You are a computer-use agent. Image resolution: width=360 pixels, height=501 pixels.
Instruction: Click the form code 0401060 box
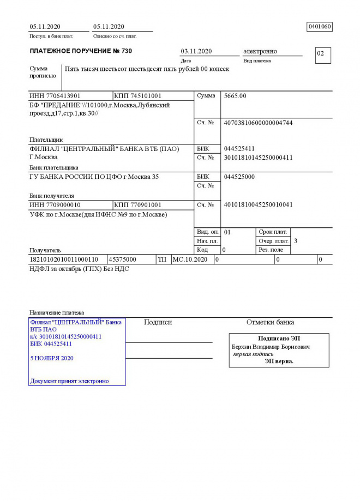point(320,27)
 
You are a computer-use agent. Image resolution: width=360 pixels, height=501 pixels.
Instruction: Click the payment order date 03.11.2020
point(196,51)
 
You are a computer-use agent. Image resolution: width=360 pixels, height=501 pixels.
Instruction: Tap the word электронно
point(260,51)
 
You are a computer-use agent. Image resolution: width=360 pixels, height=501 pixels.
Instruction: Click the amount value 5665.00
point(235,96)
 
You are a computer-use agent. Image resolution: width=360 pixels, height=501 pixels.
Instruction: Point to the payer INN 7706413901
point(55,96)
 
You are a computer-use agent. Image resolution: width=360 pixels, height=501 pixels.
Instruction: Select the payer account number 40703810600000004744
point(258,123)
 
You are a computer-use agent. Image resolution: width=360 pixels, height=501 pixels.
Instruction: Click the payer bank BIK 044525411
point(239,149)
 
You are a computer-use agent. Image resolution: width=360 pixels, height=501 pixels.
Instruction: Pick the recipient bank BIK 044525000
point(239,177)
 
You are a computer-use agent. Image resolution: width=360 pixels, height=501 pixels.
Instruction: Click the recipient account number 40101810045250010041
point(258,205)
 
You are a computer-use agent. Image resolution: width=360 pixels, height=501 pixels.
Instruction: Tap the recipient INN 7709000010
point(55,205)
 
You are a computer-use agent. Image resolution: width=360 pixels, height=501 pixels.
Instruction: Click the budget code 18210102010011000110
point(64,260)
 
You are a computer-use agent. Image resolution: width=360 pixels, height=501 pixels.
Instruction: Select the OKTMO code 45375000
point(123,260)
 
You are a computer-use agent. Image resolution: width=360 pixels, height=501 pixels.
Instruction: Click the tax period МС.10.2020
point(190,260)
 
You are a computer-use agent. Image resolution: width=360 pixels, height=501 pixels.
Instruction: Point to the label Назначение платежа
point(57,313)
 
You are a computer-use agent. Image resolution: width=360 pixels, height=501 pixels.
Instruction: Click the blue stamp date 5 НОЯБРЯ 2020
point(52,358)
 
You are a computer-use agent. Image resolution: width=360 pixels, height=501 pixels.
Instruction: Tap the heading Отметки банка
point(270,322)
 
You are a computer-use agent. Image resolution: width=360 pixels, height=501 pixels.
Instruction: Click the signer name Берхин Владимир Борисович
point(271,347)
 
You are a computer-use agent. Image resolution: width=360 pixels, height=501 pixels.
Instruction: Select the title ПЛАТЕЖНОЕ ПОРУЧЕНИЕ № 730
point(81,51)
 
